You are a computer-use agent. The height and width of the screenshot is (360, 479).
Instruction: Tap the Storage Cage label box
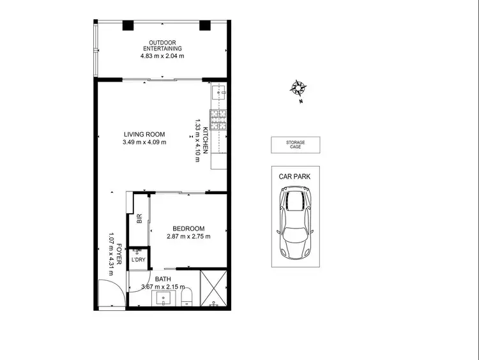295,145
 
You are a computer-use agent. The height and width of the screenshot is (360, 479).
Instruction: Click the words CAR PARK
294,176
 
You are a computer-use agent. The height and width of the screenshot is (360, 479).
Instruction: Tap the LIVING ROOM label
144,134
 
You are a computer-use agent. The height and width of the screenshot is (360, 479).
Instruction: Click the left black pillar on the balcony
128,26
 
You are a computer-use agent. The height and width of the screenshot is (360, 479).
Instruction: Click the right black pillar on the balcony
205,26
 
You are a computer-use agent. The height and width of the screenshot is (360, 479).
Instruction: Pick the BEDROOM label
188,229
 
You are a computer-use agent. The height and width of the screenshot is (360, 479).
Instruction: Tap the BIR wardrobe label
139,218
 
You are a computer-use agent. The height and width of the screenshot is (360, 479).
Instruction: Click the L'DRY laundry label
137,260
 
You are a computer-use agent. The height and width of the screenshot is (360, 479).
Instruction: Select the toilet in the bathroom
187,297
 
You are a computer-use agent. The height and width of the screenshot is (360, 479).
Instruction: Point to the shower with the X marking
213,289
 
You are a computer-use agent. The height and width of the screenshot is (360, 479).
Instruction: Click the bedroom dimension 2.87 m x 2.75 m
188,236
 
